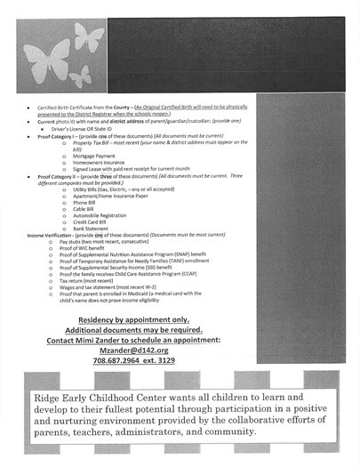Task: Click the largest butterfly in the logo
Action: click(89, 38)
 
